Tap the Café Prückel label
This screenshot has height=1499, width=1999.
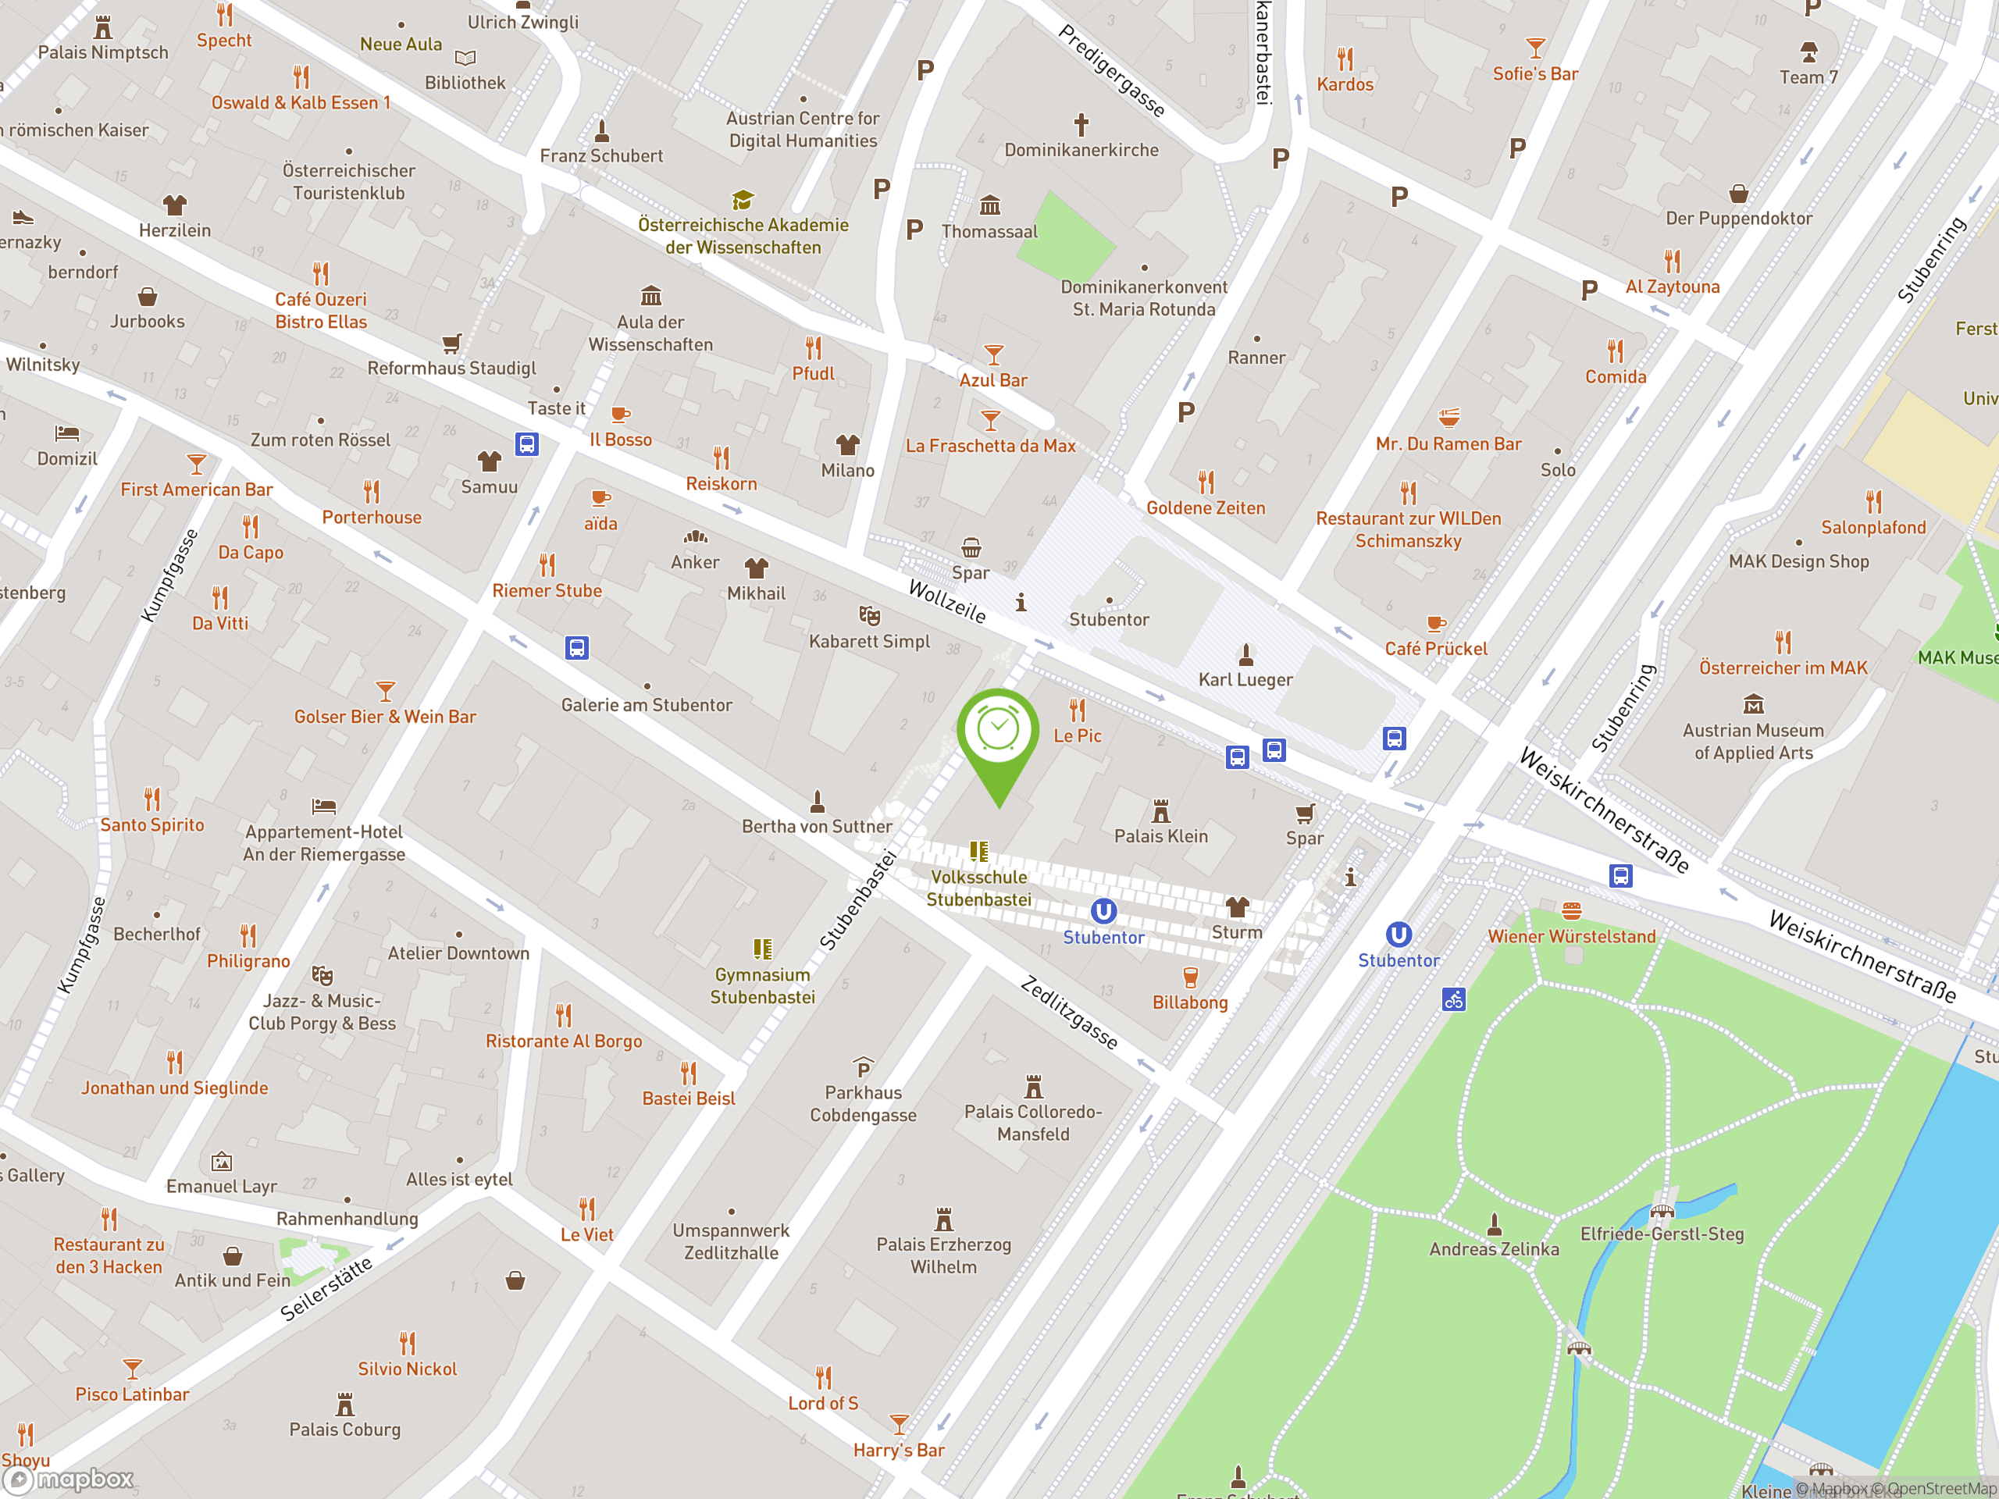pos(1435,649)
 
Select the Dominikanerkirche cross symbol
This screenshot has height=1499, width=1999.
pos(1081,124)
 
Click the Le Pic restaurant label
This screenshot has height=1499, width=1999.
pos(1078,735)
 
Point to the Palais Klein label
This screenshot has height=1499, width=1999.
pos(1160,836)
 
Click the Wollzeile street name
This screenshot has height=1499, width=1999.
pos(946,601)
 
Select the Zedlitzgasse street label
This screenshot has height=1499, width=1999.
pos(1069,1012)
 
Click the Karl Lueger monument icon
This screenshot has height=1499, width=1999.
pos(1245,653)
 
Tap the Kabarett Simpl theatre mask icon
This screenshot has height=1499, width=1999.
pos(869,615)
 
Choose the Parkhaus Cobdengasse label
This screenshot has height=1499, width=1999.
pos(863,1103)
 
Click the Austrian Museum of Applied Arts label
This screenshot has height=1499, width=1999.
pos(1753,741)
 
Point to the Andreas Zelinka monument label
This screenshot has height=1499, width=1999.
pos(1494,1248)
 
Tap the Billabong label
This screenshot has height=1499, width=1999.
pos(1189,1002)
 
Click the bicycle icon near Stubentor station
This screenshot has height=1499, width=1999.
pos(1453,999)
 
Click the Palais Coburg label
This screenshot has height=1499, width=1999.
pos(344,1429)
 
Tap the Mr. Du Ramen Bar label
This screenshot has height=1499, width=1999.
pos(1448,443)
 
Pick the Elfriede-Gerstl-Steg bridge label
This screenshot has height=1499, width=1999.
pos(1661,1234)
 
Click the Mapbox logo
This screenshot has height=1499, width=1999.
pos(69,1479)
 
